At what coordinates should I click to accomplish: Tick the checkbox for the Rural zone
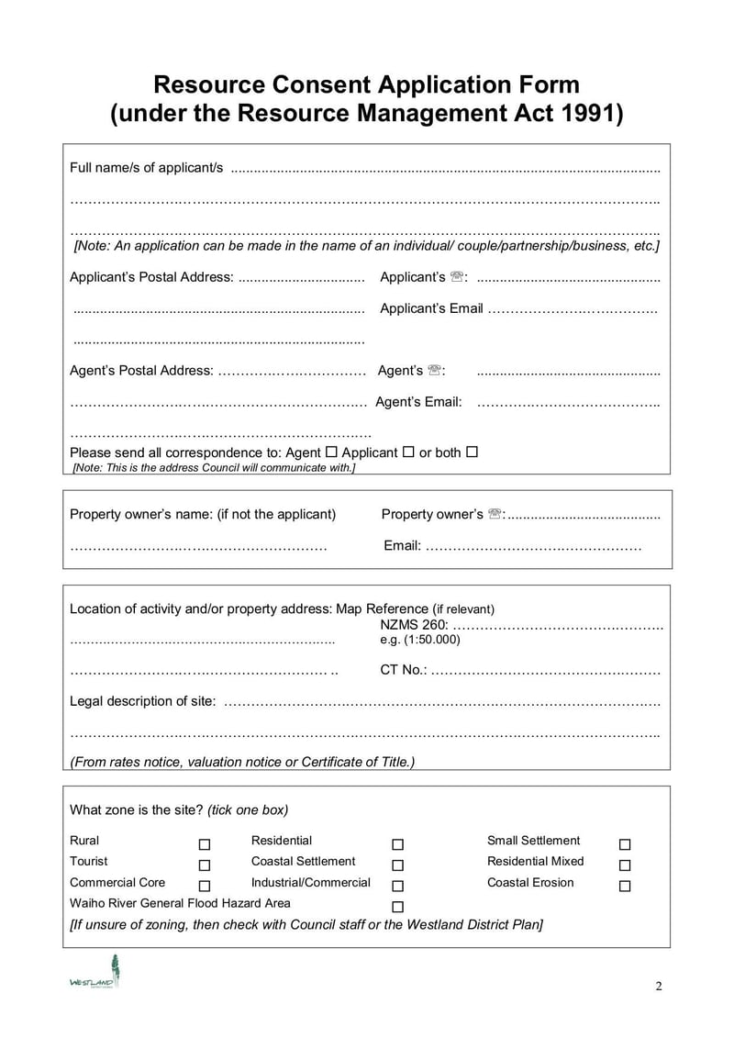(205, 844)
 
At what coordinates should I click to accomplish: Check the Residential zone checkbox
(397, 844)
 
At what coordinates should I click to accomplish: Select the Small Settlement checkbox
(625, 844)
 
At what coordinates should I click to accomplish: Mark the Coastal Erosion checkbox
(625, 887)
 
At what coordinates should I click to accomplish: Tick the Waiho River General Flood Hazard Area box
(397, 908)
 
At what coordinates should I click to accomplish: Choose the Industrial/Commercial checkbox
(397, 887)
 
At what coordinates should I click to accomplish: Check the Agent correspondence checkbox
(331, 452)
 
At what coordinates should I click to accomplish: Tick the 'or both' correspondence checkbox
(472, 452)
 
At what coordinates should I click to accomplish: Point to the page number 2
(659, 987)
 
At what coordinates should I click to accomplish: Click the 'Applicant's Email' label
(431, 308)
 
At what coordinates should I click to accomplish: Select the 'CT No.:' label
(404, 670)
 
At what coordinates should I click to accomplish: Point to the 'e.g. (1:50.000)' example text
(420, 640)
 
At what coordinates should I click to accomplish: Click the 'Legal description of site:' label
(143, 701)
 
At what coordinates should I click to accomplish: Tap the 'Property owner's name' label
(203, 514)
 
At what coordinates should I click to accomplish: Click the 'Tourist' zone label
(88, 861)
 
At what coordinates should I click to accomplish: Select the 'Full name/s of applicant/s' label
(147, 167)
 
